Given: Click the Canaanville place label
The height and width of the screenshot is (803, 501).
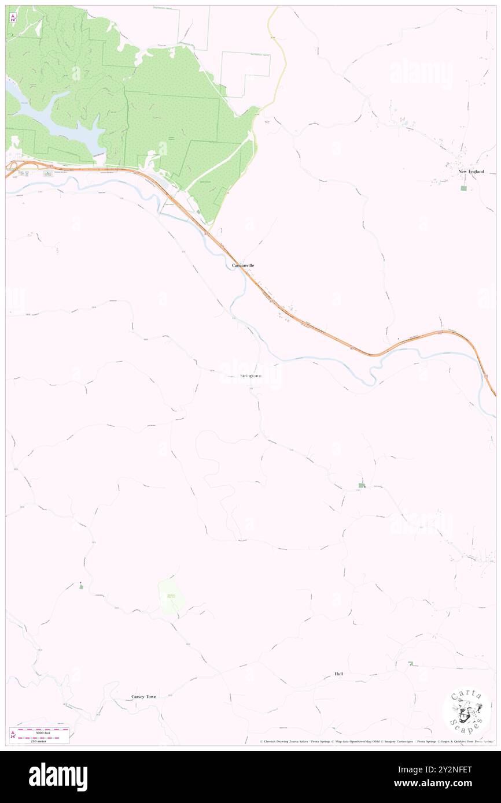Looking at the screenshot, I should (x=243, y=265).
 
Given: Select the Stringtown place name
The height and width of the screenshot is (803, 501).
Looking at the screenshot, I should (x=250, y=377).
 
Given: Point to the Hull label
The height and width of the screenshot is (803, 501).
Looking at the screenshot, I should (x=338, y=674).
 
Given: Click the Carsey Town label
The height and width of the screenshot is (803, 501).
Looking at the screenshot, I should (x=143, y=697).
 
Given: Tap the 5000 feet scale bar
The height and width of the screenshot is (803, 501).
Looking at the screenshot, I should (x=43, y=730).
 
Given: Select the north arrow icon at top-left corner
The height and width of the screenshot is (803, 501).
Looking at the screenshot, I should (x=13, y=17).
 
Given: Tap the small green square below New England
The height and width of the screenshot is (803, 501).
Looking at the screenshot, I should (x=463, y=188).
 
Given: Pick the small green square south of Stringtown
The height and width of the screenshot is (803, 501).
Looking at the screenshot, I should (x=362, y=486).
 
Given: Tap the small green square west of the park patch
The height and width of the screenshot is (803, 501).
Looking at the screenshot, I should (x=81, y=586).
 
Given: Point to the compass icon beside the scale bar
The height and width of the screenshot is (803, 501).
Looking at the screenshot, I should (x=13, y=735).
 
